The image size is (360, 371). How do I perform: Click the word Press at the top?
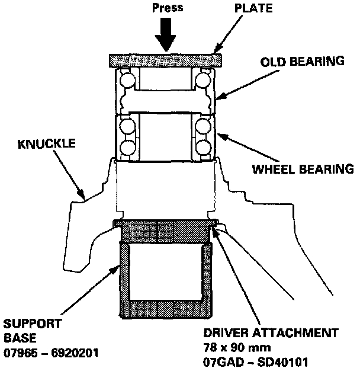pos(166,9)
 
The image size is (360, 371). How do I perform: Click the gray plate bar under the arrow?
pos(166,60)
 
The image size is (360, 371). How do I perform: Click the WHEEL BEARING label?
pos(304,169)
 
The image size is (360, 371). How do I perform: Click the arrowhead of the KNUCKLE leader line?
pos(83,196)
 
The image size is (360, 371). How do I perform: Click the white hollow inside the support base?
pos(166,273)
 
